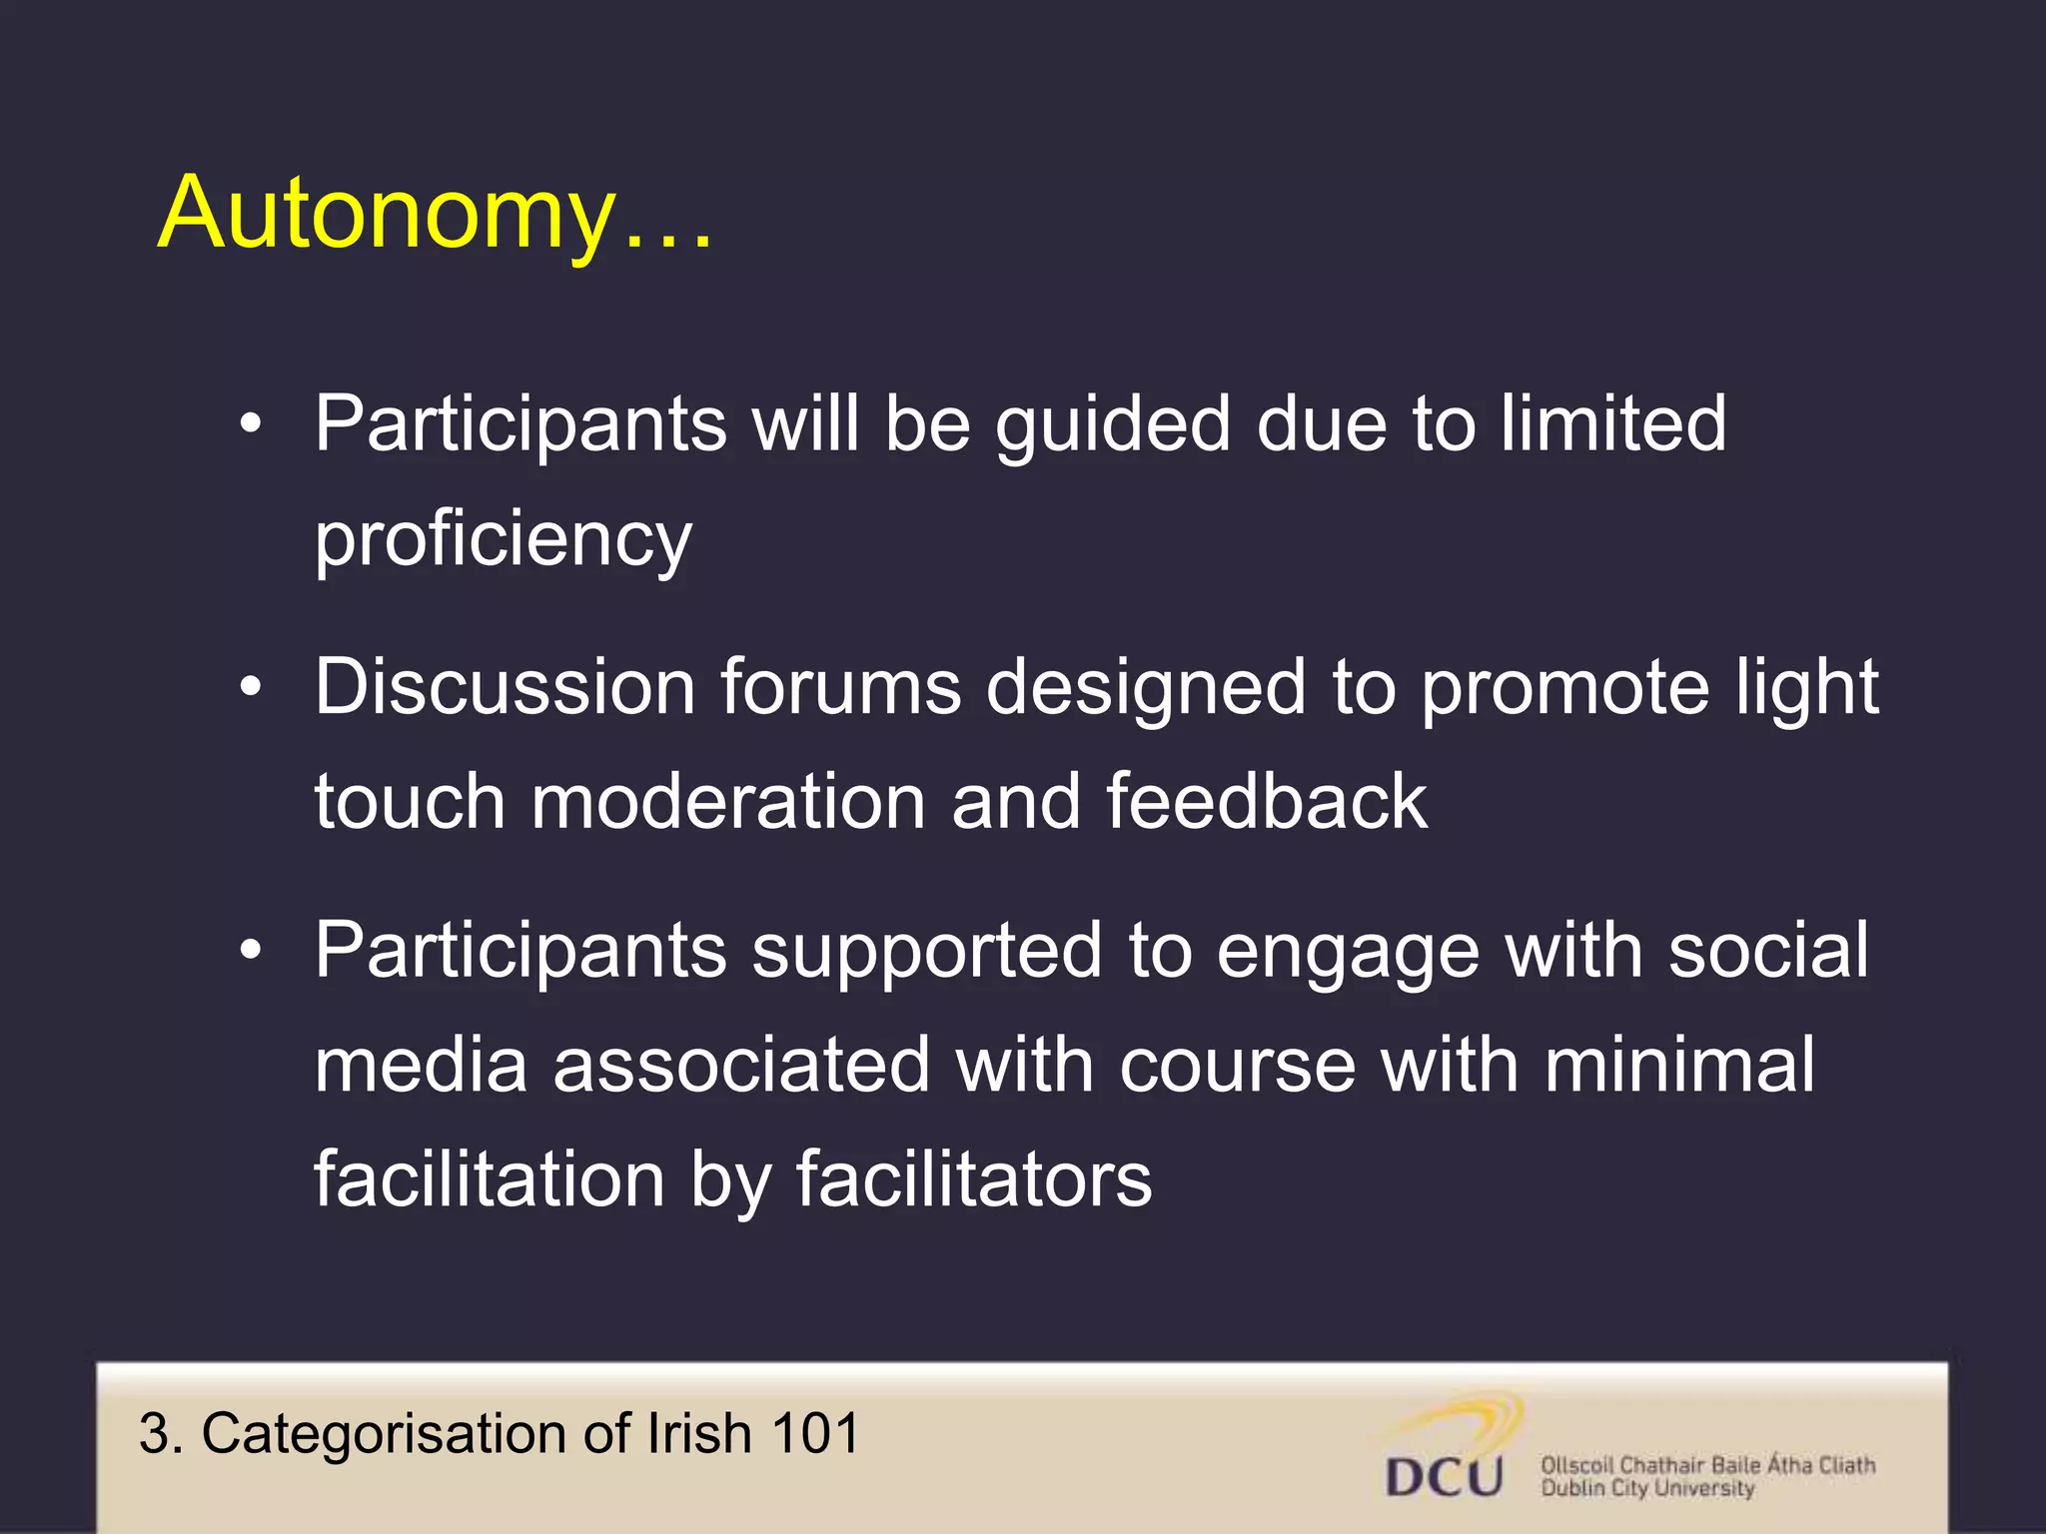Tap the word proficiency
[503, 538]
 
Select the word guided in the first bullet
[1112, 424]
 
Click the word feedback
[1266, 801]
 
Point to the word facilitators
[973, 1179]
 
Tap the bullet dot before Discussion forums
[251, 687]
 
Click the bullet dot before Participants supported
[251, 950]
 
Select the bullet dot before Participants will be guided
[251, 424]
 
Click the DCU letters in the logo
[1444, 1477]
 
